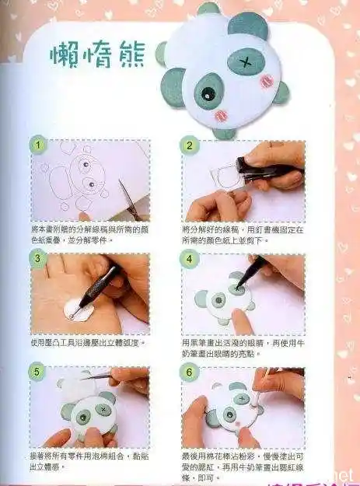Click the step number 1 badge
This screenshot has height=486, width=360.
[37, 145]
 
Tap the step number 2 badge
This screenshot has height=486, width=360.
[188, 145]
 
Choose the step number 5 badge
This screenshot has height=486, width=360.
[37, 372]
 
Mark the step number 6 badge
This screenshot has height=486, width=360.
[188, 372]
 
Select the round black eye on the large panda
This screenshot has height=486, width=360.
[208, 94]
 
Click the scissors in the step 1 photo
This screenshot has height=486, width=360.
[129, 200]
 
